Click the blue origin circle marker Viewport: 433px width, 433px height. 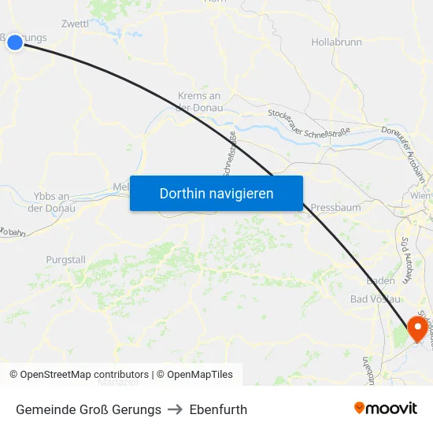click(x=14, y=42)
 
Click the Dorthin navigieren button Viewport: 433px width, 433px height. click(x=216, y=193)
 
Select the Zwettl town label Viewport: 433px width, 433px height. click(x=75, y=24)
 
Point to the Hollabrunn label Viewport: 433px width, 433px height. click(x=337, y=41)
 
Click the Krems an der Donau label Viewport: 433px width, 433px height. click(x=200, y=102)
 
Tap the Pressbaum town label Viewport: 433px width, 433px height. click(x=336, y=208)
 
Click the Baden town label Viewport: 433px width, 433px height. click(x=380, y=281)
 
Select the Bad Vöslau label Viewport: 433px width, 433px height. click(x=376, y=299)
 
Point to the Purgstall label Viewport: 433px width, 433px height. click(x=65, y=259)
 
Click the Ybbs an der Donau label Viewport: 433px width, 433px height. click(x=52, y=202)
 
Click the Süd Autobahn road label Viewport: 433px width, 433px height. click(x=405, y=259)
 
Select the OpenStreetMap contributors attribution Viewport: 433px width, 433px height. click(x=79, y=375)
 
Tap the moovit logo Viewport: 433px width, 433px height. click(x=385, y=409)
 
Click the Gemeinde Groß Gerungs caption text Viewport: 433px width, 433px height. click(x=88, y=409)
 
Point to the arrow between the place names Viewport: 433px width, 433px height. click(x=176, y=409)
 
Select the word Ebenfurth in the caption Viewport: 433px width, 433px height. click(x=218, y=409)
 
